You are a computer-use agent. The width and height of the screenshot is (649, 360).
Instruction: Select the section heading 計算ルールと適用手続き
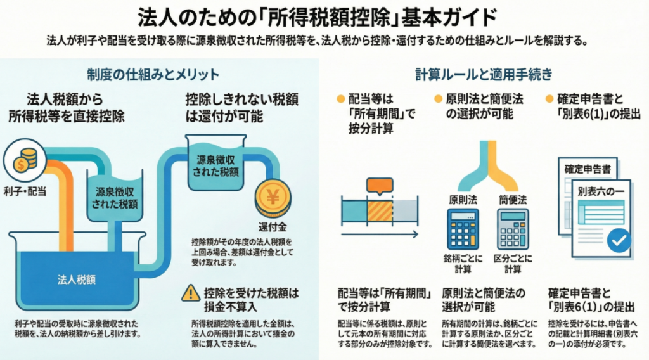tap(483, 74)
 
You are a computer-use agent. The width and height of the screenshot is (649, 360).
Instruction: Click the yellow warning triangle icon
tap(190, 293)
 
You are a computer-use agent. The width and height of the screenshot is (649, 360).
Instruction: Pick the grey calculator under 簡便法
tap(513, 228)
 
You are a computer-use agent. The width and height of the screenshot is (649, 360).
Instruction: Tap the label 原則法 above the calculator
tap(463, 200)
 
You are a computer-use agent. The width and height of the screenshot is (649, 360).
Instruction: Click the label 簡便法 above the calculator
tap(513, 200)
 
